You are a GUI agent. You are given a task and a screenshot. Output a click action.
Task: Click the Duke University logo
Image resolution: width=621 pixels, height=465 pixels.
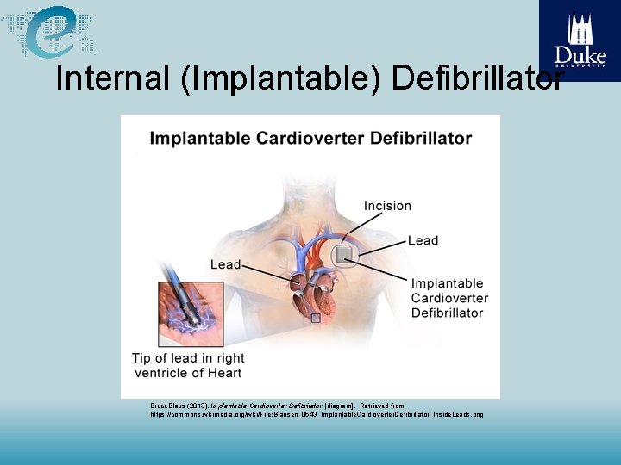[x=580, y=40]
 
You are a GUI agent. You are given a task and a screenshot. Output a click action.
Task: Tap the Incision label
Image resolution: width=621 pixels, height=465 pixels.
[x=387, y=206]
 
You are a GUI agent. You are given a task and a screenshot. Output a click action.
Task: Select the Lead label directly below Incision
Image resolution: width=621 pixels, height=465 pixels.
[x=423, y=240]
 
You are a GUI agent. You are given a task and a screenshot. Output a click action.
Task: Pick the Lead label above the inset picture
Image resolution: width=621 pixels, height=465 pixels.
[x=226, y=264]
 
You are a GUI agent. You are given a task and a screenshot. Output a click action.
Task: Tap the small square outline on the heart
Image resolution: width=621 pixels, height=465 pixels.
[x=316, y=318]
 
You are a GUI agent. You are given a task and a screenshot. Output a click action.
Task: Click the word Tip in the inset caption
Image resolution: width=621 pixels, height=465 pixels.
[x=143, y=358]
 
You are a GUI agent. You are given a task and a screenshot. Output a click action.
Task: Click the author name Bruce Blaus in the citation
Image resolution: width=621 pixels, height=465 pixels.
[x=168, y=405]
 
